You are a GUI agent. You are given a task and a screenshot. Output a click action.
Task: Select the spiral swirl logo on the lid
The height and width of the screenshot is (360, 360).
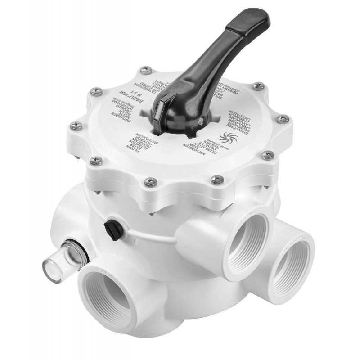tap(223, 136)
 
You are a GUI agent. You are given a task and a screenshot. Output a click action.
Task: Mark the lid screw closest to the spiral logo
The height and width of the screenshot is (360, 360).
tap(268, 155)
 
